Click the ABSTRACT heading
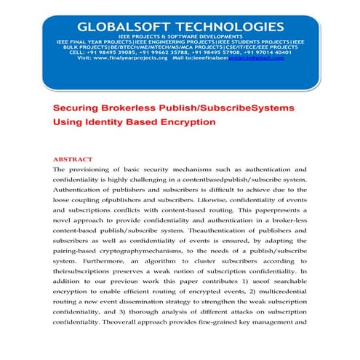[73, 159]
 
